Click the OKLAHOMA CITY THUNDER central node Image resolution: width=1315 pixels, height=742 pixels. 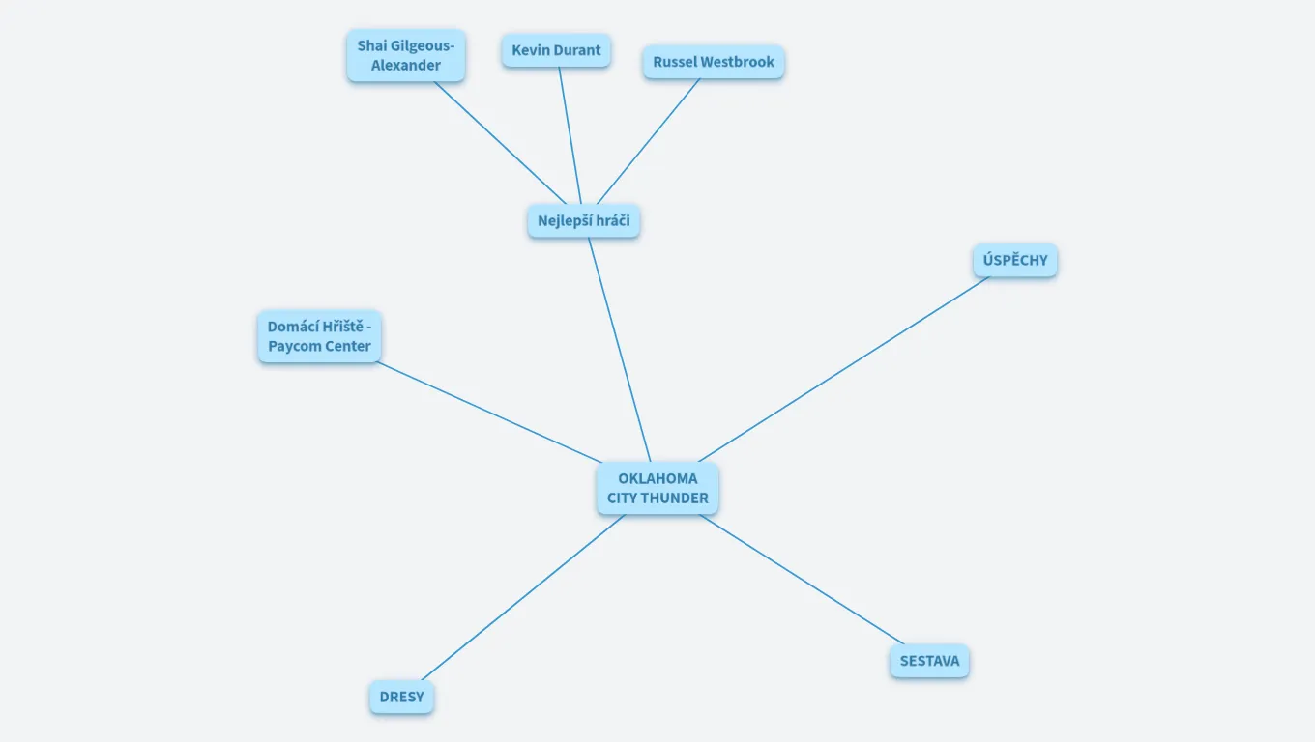click(x=657, y=488)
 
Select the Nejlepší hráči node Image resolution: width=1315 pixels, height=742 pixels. click(x=583, y=221)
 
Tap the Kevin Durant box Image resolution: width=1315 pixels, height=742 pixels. click(x=556, y=50)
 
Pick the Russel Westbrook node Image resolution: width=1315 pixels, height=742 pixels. click(x=713, y=62)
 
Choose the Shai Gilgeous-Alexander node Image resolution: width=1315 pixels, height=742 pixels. click(x=406, y=56)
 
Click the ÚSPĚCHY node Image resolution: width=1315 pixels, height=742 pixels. click(x=1014, y=261)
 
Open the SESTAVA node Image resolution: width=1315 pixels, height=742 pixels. click(x=929, y=662)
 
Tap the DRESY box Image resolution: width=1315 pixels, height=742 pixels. click(x=401, y=698)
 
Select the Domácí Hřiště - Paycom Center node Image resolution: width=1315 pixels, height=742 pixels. click(x=319, y=336)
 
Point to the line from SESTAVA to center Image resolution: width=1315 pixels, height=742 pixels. click(x=803, y=580)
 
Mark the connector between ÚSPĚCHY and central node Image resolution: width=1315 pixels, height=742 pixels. click(x=843, y=369)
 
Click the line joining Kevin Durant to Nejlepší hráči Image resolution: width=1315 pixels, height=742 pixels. click(x=570, y=135)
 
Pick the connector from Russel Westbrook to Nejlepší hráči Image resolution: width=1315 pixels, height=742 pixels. click(x=648, y=142)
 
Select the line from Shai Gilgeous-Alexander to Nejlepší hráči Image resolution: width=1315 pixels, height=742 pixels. click(x=500, y=143)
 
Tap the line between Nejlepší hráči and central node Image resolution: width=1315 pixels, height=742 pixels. click(x=619, y=349)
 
